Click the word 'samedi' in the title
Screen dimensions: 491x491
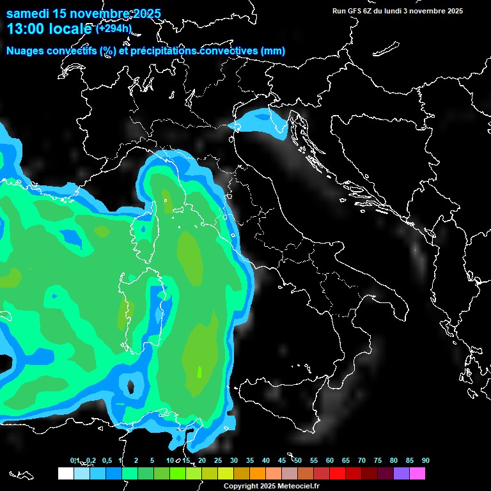point(27,13)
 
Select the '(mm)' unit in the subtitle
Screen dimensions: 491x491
point(272,51)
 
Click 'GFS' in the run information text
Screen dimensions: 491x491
point(355,11)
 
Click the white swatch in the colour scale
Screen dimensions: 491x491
point(65,473)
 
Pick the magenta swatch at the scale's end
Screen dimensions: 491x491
point(417,473)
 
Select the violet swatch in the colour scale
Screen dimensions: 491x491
point(401,473)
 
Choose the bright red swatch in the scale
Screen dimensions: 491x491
point(337,473)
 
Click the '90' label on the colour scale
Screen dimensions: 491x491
point(425,460)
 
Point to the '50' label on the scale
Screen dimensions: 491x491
point(298,460)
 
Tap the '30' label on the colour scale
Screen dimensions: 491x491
point(234,460)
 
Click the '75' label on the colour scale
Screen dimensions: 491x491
point(378,460)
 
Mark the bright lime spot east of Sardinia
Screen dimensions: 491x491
point(199,371)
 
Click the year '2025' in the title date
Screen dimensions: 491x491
point(146,13)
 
